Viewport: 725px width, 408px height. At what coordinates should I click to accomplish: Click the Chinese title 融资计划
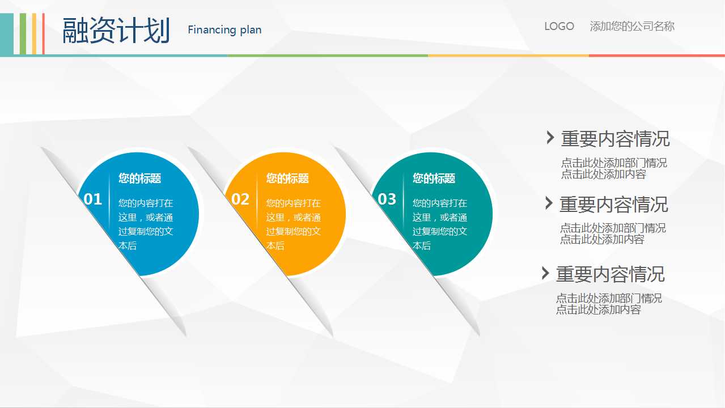click(116, 31)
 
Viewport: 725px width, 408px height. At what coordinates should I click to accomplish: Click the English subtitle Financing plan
click(224, 30)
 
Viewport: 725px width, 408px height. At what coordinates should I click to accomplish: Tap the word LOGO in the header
click(559, 26)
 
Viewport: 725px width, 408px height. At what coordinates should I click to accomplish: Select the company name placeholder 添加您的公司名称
click(632, 26)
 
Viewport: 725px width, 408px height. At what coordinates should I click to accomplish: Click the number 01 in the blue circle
click(92, 199)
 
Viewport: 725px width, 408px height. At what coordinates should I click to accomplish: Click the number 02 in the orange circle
click(240, 199)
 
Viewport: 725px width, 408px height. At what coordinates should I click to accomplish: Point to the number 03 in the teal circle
click(387, 199)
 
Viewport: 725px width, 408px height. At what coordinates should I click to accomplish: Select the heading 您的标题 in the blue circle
click(139, 178)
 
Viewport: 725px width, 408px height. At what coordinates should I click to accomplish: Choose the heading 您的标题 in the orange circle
click(287, 178)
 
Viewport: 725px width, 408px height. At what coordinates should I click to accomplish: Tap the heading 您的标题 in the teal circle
click(434, 178)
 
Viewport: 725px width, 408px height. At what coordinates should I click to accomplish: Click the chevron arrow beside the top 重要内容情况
click(550, 137)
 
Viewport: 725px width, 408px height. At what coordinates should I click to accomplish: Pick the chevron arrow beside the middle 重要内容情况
click(549, 203)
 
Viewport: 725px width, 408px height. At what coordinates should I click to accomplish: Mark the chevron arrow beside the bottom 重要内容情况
click(545, 273)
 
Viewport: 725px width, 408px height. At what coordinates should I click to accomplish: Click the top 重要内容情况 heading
click(615, 139)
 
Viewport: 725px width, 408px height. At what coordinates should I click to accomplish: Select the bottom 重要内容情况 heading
click(610, 274)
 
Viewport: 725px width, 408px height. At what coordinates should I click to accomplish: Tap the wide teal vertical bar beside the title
click(7, 33)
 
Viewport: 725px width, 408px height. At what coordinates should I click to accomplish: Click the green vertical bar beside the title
click(23, 33)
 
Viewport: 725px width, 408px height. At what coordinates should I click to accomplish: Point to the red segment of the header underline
click(657, 56)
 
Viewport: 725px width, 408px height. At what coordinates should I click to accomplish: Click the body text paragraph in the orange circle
click(293, 224)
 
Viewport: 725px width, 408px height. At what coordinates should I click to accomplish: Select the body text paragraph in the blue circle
click(146, 224)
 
